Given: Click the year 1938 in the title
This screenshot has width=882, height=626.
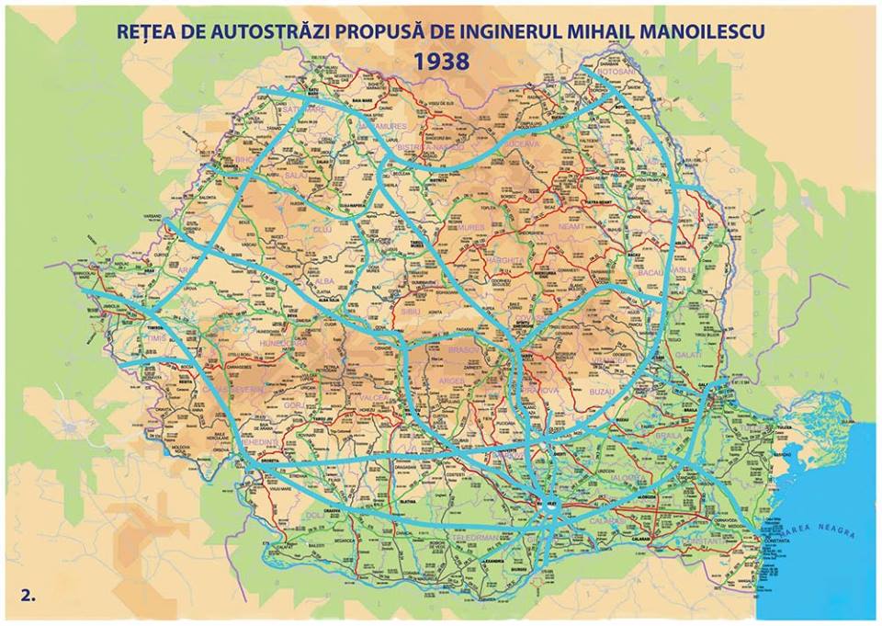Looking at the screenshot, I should tap(441, 62).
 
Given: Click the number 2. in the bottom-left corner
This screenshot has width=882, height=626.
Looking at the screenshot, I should tap(29, 595).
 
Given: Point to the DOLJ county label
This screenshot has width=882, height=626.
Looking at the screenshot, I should tap(315, 516).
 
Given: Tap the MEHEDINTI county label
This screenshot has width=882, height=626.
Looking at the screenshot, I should tap(233, 441).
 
